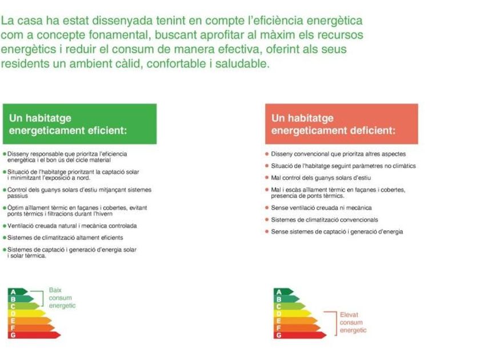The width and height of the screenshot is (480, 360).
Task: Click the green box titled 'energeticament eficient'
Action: [x=79, y=124]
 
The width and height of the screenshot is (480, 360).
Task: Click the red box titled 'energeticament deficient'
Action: [x=342, y=124]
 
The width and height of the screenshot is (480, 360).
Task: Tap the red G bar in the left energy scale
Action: [x=34, y=335]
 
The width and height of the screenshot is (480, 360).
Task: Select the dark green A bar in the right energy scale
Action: [x=283, y=292]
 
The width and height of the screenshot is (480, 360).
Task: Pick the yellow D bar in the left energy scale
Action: [x=27, y=314]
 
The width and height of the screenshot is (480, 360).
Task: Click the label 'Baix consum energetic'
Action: [x=62, y=298]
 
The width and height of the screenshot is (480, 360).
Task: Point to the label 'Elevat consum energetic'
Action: [x=353, y=323]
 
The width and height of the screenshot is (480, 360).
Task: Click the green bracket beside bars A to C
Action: [x=43, y=298]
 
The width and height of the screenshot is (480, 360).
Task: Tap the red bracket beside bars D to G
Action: [x=336, y=323]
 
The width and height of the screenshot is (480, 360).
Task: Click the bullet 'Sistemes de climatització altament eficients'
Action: [x=63, y=238]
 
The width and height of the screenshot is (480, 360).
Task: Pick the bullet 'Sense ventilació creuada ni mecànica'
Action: [x=319, y=208]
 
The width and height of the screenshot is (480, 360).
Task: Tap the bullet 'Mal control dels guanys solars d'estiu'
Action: [x=318, y=178]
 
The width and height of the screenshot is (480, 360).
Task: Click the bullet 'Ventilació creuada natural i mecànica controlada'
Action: [x=70, y=226]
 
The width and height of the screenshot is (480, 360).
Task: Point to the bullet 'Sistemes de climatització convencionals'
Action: [x=322, y=220]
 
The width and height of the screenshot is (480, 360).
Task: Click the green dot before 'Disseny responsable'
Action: [x=5, y=154]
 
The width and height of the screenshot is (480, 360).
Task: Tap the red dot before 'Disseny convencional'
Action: [x=267, y=154]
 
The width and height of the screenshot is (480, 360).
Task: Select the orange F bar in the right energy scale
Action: [x=297, y=328]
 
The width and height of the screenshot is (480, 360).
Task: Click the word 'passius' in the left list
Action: [x=18, y=196]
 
